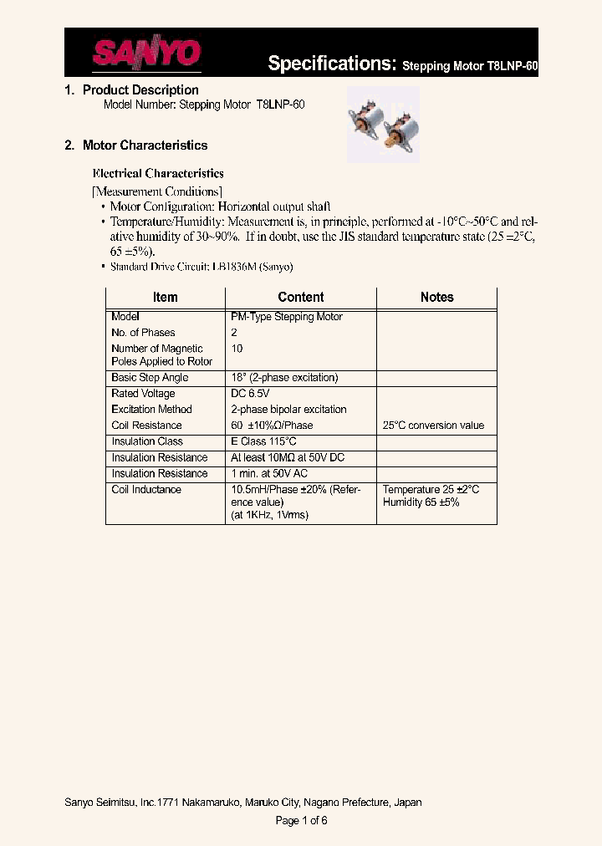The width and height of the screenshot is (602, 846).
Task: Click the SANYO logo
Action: tap(146, 54)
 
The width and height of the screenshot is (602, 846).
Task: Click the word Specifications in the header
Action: tap(331, 64)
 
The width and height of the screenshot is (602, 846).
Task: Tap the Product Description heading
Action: tap(140, 90)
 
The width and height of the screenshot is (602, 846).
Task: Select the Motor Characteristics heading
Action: tap(145, 145)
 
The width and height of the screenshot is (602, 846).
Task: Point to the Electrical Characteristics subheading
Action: tap(157, 174)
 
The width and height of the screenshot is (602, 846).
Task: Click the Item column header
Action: tap(165, 298)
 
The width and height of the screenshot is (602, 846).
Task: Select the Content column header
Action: tap(300, 298)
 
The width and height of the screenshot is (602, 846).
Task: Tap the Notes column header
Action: tap(436, 298)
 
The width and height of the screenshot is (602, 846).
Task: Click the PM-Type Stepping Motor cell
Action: tap(287, 317)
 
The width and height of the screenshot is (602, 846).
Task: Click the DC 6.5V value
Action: tap(250, 394)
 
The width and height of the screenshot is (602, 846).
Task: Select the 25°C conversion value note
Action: tap(433, 426)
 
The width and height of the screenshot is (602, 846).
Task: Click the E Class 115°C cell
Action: tap(263, 441)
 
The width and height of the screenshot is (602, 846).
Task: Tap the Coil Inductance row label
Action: tap(146, 490)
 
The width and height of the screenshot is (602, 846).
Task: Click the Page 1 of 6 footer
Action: tap(301, 821)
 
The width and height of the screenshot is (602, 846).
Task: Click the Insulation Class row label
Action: tap(147, 441)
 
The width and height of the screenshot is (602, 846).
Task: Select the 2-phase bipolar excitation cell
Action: tap(288, 410)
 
